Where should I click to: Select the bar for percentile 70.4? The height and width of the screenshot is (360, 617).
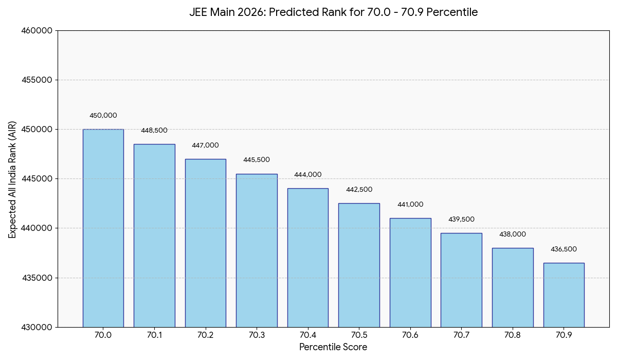pyautogui.click(x=307, y=257)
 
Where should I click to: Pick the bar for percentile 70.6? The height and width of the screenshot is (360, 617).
pyautogui.click(x=410, y=273)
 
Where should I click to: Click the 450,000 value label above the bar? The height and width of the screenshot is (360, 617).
pyautogui.click(x=103, y=116)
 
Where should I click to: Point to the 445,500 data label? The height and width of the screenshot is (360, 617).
pyautogui.click(x=257, y=160)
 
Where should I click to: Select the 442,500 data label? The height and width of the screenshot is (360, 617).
pyautogui.click(x=359, y=190)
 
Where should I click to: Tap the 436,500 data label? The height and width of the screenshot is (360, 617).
pyautogui.click(x=564, y=249)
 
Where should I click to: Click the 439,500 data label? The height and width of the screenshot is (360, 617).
pyautogui.click(x=461, y=220)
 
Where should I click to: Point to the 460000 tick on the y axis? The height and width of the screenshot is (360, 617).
pyautogui.click(x=37, y=31)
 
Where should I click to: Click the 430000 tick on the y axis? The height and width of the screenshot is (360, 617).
pyautogui.click(x=37, y=327)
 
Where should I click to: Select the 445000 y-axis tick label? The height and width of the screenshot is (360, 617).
pyautogui.click(x=37, y=179)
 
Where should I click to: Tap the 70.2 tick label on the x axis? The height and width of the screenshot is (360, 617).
pyautogui.click(x=205, y=335)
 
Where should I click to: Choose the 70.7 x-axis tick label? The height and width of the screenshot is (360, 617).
pyautogui.click(x=461, y=335)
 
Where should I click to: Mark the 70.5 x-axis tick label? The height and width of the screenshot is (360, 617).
pyautogui.click(x=359, y=335)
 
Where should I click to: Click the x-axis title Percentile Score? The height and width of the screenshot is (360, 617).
pyautogui.click(x=333, y=348)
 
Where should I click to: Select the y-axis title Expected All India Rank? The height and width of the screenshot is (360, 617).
pyautogui.click(x=13, y=179)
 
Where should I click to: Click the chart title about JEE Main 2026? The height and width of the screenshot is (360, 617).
pyautogui.click(x=333, y=12)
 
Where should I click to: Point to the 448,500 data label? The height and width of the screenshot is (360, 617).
pyautogui.click(x=154, y=131)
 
